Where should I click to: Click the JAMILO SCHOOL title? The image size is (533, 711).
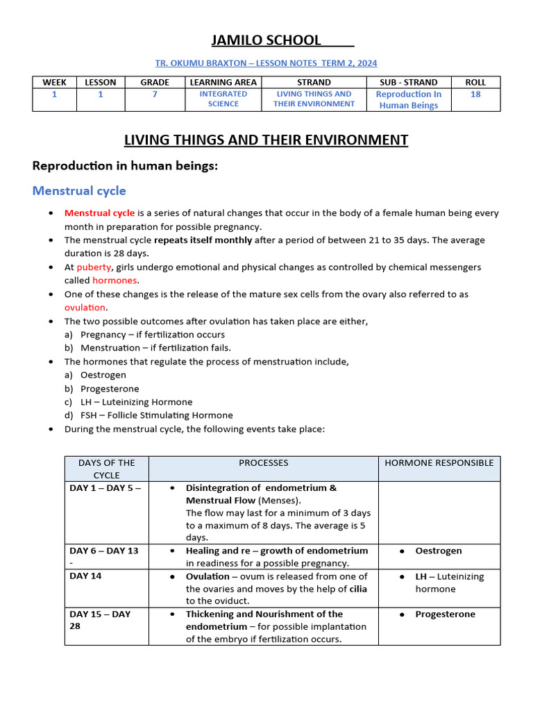pos(266,40)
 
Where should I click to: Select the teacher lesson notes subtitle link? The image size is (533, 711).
pos(266,63)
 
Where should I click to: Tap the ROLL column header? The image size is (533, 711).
pos(475,82)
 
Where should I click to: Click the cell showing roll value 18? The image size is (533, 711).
pos(475,94)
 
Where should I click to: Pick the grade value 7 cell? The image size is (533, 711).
pos(155,94)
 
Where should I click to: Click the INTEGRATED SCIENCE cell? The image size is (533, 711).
pos(223,99)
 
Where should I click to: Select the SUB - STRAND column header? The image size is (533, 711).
pos(408,82)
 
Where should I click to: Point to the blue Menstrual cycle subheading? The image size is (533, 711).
pos(80,190)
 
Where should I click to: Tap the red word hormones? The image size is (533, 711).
pos(115,281)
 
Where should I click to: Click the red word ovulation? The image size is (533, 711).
pos(85,308)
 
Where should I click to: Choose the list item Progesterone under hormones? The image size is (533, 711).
pos(110,389)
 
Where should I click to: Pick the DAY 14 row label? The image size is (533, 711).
pos(85,576)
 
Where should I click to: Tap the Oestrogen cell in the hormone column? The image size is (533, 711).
pos(438,551)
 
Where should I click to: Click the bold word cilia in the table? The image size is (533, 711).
pos(358,589)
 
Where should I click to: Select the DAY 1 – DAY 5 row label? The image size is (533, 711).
pos(105,488)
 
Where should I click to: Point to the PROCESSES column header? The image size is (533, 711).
pos(263,463)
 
